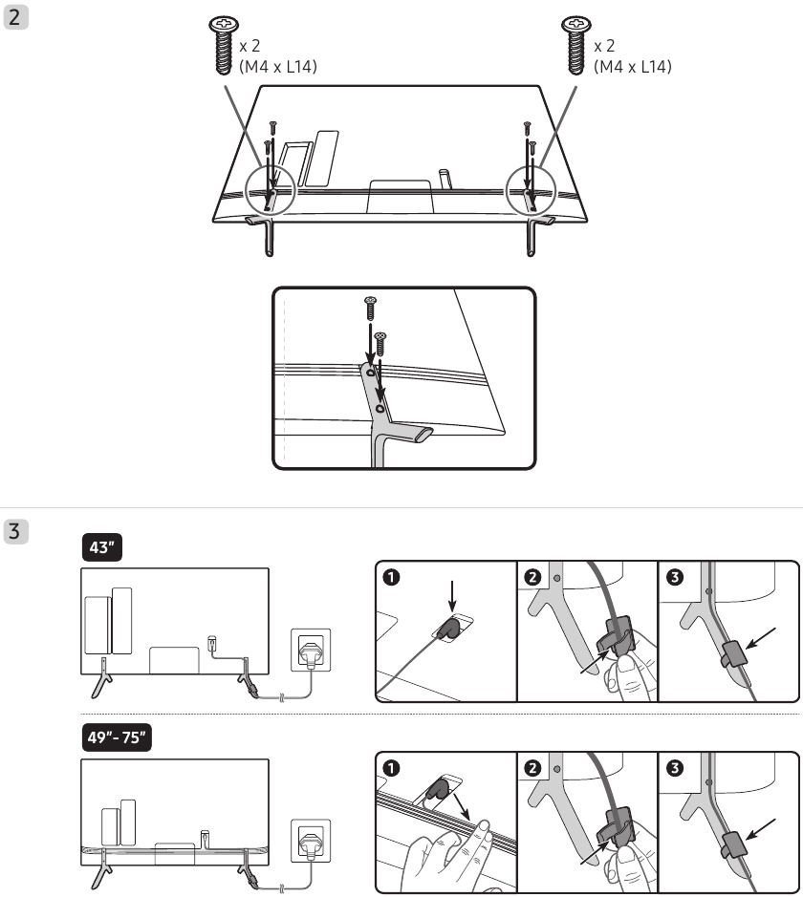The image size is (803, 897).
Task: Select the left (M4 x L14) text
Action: [278, 67]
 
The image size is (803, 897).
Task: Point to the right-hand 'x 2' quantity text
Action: [604, 45]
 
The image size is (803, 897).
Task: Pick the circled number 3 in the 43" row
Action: [675, 577]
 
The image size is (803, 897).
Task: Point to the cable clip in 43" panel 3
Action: [732, 655]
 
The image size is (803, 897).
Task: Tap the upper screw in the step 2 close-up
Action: [370, 308]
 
